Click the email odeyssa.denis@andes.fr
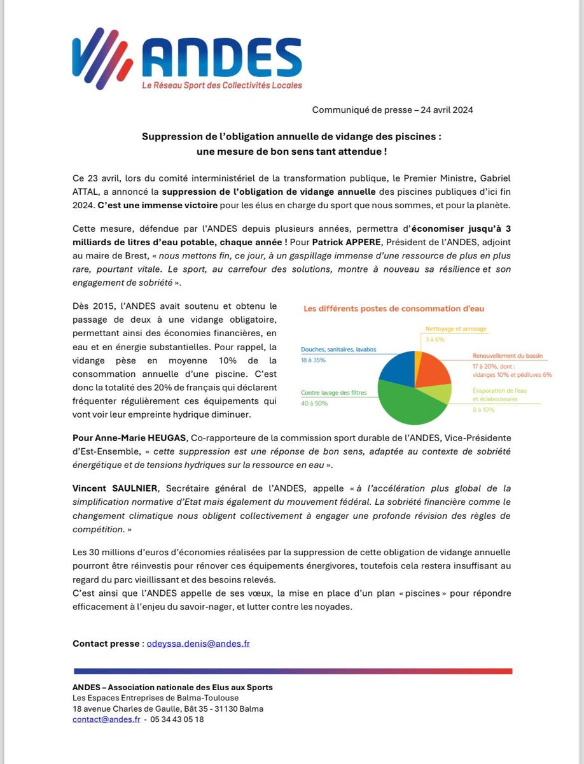coord(198,644)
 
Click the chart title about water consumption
coord(393,309)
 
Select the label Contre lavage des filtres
coord(334,393)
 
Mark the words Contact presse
coord(106,644)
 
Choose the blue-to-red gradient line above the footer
coord(292,671)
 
